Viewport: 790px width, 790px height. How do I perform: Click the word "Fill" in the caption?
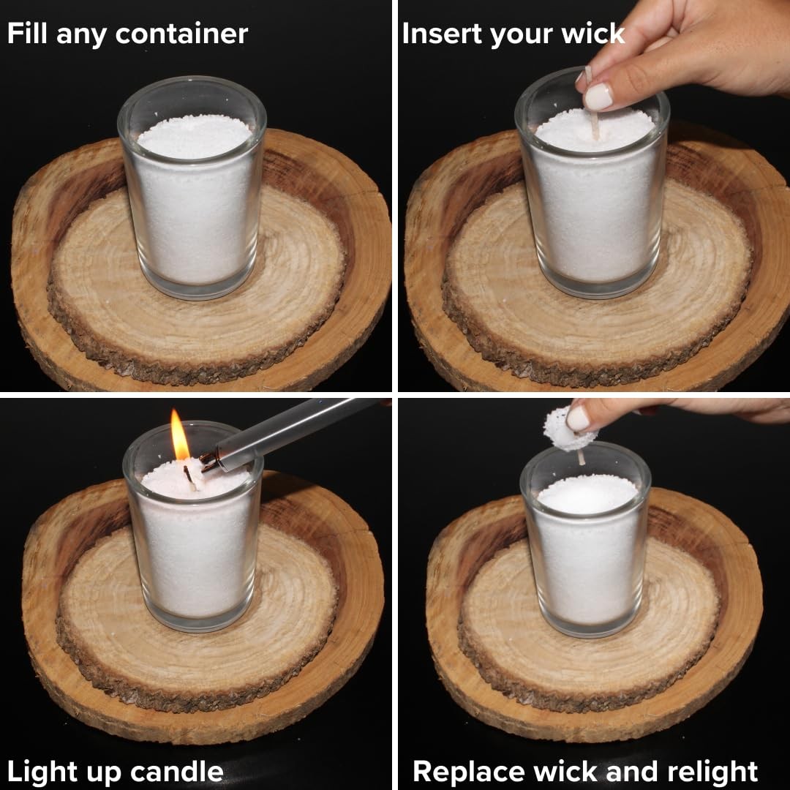click(28, 33)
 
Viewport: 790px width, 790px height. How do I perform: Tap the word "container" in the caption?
click(181, 34)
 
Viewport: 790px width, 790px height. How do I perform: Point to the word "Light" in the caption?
click(43, 772)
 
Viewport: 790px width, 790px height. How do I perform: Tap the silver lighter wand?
click(292, 432)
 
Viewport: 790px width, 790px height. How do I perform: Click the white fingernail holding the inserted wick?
click(598, 97)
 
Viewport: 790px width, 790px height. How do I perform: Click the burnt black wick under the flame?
click(189, 478)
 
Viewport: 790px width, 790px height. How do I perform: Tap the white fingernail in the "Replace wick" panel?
click(577, 418)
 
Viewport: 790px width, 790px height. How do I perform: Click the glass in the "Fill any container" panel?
click(192, 187)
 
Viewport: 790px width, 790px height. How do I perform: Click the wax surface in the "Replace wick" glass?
click(587, 494)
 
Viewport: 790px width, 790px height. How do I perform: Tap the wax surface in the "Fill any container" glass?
click(195, 136)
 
